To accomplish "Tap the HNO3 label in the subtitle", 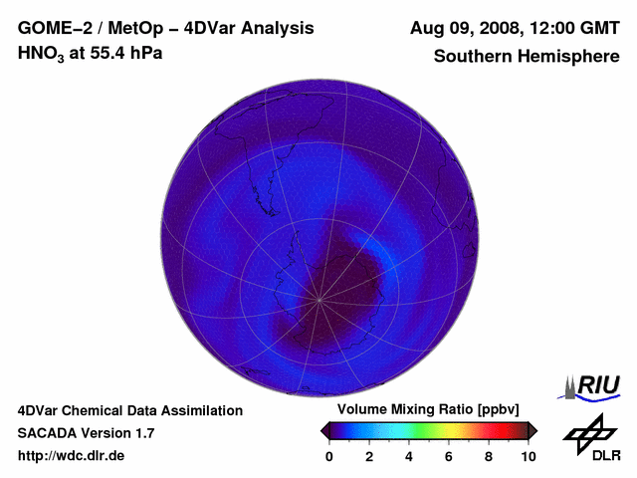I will (42, 54).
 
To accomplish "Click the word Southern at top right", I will (471, 56).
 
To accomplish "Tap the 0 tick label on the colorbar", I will (329, 456).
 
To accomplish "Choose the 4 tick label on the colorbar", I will (409, 456).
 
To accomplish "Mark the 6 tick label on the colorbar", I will (449, 456).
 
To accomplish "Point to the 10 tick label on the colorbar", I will (528, 456).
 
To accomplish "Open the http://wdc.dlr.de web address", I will (71, 456).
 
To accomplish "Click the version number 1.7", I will (142, 433).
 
